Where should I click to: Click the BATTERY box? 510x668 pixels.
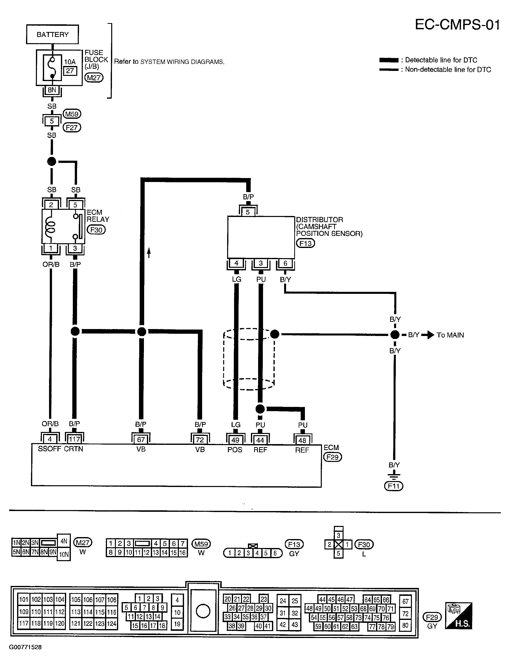[x=52, y=34]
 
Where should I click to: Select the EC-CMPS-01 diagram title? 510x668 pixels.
[x=457, y=25]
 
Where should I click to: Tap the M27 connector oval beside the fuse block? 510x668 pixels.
[x=94, y=78]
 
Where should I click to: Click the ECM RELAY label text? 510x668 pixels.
[x=98, y=216]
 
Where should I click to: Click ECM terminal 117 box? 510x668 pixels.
[x=74, y=439]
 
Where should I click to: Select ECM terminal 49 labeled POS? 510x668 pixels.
[x=235, y=440]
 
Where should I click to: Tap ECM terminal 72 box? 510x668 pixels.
[x=200, y=440]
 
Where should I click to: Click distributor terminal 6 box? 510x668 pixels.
[x=285, y=263]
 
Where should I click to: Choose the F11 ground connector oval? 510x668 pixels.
[x=394, y=486]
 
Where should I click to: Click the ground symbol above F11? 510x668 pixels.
[x=394, y=475]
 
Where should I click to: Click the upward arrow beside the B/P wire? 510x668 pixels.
[x=149, y=253]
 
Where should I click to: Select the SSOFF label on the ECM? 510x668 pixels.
[x=50, y=449]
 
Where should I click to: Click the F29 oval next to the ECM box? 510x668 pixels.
[x=333, y=457]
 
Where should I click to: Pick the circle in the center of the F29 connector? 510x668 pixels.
[x=203, y=611]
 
